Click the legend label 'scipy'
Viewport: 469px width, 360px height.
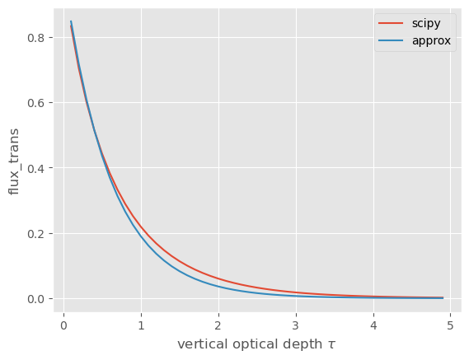[426, 24]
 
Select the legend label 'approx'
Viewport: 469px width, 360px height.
[431, 41]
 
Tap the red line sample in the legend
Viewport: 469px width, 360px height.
[391, 23]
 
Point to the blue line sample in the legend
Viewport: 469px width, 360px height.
[391, 40]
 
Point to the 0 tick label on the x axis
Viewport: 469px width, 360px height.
[63, 325]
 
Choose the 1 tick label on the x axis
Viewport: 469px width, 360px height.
[141, 325]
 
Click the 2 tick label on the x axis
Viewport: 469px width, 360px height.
[218, 325]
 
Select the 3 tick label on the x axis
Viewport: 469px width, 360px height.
[296, 325]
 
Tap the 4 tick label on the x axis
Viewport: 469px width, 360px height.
[373, 325]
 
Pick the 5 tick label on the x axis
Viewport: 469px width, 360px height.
[451, 325]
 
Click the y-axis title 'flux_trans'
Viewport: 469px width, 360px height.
[14, 161]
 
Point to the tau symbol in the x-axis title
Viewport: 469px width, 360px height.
[331, 345]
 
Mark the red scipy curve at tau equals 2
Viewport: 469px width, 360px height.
[218, 279]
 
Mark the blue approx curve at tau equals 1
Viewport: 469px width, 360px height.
[141, 236]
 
